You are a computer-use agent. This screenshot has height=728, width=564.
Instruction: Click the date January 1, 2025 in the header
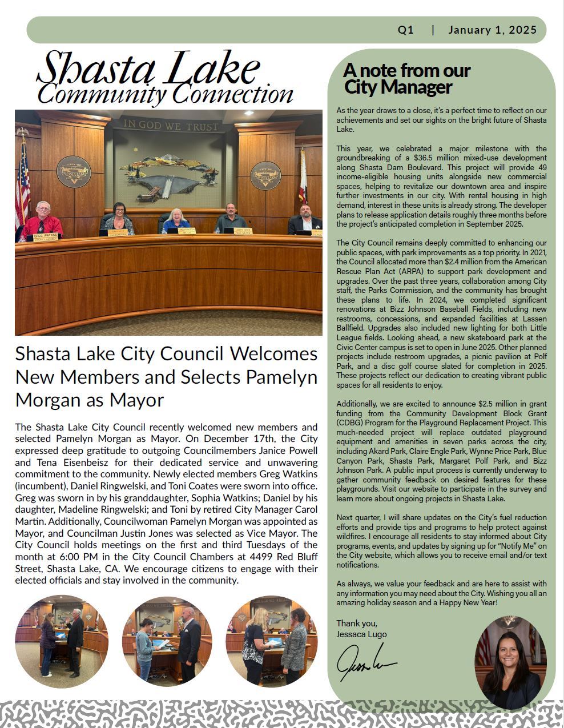[x=492, y=30]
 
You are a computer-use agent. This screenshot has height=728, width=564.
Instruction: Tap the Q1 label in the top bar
[x=406, y=30]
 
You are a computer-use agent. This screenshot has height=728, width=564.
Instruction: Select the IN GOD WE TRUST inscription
[x=171, y=125]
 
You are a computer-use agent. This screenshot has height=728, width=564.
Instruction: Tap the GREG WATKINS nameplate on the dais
[x=46, y=235]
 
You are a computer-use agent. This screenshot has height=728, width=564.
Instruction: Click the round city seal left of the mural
[x=74, y=172]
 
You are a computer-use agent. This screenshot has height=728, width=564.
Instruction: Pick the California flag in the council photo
[x=303, y=177]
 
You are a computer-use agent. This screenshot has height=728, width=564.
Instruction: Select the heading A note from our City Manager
[x=406, y=79]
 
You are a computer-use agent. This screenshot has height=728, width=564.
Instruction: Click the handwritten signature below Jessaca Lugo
[x=365, y=662]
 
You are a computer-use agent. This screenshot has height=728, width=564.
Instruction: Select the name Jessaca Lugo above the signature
[x=361, y=634]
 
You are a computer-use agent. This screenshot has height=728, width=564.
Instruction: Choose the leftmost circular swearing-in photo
[x=62, y=641]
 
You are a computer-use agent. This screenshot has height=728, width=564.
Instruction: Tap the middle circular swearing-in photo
[x=167, y=641]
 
